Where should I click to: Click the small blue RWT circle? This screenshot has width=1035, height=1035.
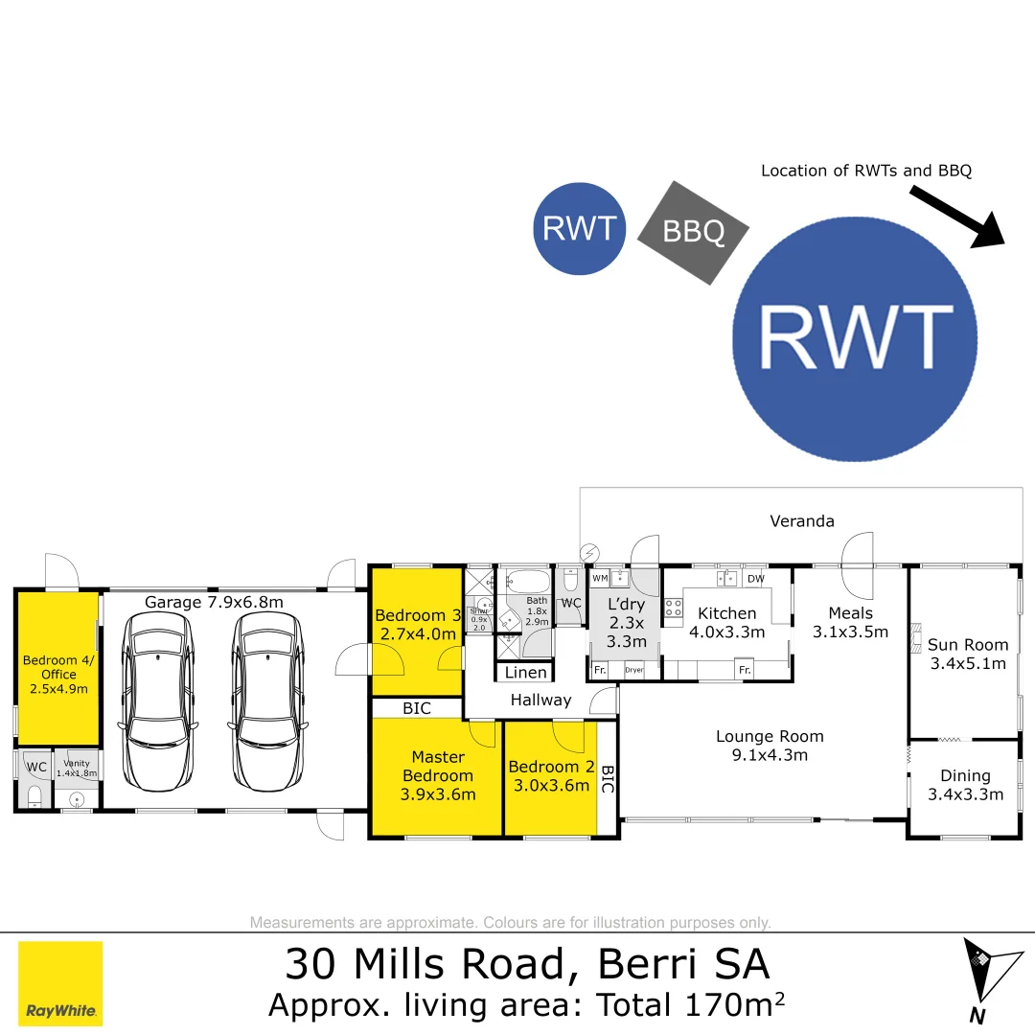(x=579, y=228)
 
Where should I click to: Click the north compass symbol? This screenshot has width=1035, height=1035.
(x=984, y=977)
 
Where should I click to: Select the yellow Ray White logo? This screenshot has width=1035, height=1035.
(x=60, y=983)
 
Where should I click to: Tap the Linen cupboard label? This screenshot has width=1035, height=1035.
(x=526, y=673)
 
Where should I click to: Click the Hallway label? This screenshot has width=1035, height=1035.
(x=540, y=701)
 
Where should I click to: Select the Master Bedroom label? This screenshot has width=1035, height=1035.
(x=437, y=766)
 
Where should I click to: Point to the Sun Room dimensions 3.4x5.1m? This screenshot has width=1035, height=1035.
(x=967, y=663)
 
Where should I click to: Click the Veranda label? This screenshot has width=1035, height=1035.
(x=802, y=521)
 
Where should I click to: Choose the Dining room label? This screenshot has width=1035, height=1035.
(x=965, y=776)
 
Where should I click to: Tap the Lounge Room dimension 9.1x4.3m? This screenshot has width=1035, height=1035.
(x=770, y=755)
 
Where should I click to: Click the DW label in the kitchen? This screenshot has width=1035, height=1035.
(x=755, y=579)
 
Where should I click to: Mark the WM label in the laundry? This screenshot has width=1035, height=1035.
(x=600, y=579)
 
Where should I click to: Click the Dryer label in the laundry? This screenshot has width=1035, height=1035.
(x=633, y=671)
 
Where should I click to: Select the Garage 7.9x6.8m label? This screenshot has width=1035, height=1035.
(x=214, y=602)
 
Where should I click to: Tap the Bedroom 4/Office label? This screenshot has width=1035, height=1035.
(x=57, y=667)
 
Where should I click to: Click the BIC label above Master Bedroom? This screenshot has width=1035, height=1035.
(x=417, y=709)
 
